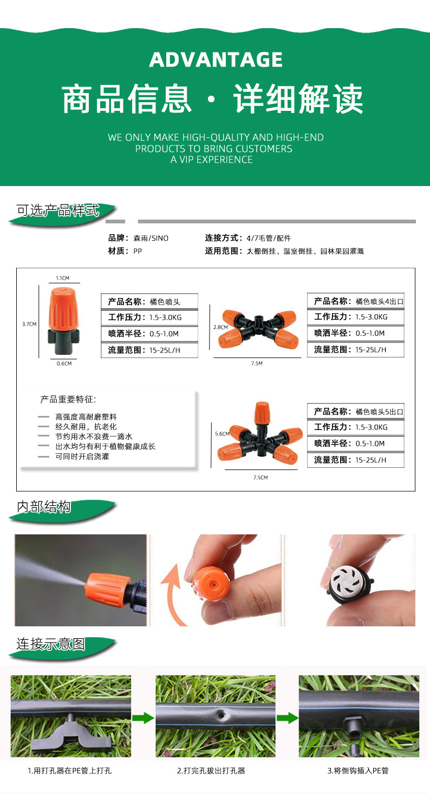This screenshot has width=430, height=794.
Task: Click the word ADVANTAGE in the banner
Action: tap(216, 59)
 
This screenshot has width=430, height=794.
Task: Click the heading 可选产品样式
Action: tap(58, 210)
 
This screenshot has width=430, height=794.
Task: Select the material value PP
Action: tap(138, 251)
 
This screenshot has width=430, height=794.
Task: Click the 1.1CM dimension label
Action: tap(62, 278)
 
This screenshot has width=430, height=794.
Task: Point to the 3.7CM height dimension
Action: tap(29, 324)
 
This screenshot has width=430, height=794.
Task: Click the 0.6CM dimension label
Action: tap(64, 363)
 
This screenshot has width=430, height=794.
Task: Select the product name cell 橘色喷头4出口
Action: tap(380, 301)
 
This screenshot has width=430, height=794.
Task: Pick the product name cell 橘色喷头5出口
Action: tap(380, 412)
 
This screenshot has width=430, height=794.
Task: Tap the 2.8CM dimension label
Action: tap(220, 327)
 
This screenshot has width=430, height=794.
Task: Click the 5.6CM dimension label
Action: tap(222, 434)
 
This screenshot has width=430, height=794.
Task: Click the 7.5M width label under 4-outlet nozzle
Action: tap(257, 363)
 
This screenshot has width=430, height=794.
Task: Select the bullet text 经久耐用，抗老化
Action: tap(86, 427)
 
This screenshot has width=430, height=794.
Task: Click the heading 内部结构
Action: tap(44, 507)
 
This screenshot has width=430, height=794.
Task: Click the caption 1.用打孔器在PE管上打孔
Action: tap(70, 771)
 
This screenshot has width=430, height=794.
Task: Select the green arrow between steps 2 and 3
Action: tap(287, 718)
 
